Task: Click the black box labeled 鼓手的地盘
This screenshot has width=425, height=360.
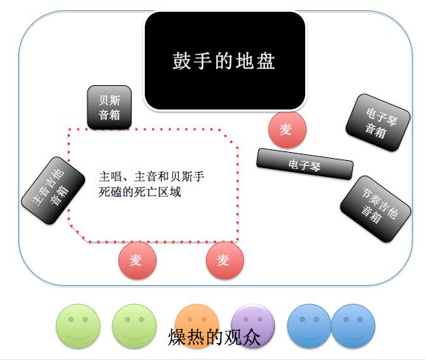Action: (x=225, y=60)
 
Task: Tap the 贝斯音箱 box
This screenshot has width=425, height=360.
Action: (x=110, y=107)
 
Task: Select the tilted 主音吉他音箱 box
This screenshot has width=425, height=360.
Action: (x=53, y=190)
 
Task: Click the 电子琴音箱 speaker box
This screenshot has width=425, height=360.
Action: (x=378, y=123)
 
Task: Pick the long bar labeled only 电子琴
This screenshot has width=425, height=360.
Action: (x=304, y=164)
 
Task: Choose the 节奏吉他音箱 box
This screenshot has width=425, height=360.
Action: (x=376, y=209)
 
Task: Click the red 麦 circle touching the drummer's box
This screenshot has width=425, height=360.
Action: (x=287, y=129)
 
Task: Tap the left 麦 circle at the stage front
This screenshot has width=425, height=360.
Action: (x=137, y=260)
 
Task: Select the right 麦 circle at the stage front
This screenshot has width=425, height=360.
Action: (x=225, y=260)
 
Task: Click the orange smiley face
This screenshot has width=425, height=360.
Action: (x=197, y=326)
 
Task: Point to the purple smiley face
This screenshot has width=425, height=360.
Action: (x=253, y=326)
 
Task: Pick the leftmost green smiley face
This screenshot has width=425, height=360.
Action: (x=78, y=326)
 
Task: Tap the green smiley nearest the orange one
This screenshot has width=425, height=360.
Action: (x=135, y=326)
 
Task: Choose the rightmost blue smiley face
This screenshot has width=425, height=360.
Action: (x=354, y=326)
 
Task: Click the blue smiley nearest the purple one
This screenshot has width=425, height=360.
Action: (x=310, y=326)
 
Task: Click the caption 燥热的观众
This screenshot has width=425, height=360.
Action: (x=214, y=337)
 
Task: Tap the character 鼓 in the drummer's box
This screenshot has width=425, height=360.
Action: (x=182, y=61)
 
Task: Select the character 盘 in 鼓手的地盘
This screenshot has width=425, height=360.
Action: (x=266, y=61)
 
